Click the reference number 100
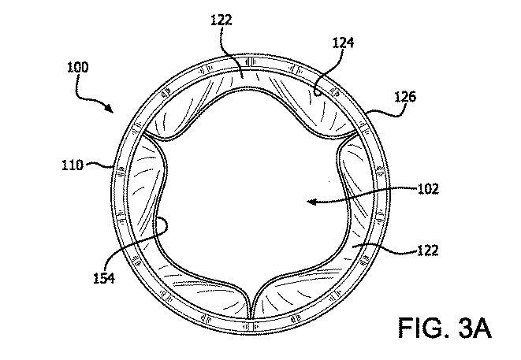click(78, 68)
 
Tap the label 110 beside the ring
click(73, 165)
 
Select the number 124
click(343, 43)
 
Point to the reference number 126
click(405, 97)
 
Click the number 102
click(428, 189)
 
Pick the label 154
click(104, 278)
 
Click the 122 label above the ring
click(221, 20)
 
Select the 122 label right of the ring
click(428, 250)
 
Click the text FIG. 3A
click(445, 328)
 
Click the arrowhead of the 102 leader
click(311, 201)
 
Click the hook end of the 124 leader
click(317, 94)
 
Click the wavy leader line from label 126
click(386, 112)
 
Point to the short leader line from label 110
click(99, 164)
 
